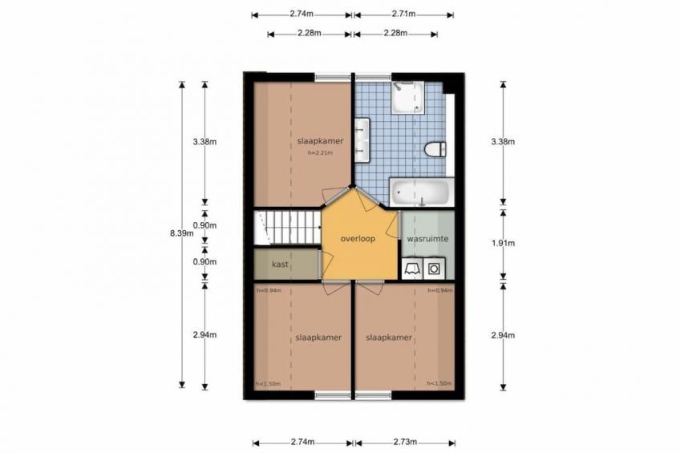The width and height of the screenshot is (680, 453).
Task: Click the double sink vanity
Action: [362, 140]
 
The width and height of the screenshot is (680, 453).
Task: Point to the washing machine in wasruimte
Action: [434, 269]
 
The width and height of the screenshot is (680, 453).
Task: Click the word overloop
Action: [358, 239]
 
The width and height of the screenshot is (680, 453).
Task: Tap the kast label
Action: [280, 264]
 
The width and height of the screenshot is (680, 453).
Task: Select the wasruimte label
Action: [427, 239]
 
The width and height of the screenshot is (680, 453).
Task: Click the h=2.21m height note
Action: [321, 152]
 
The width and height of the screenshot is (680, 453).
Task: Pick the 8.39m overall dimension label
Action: [182, 233]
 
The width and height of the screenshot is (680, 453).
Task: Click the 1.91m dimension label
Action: [503, 243]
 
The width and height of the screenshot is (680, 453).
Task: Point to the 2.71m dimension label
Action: [404, 14]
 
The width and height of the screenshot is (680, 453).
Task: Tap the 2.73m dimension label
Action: [405, 442]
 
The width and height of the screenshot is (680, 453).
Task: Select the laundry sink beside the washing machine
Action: [412, 269]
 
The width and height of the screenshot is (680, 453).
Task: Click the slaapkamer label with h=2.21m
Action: [321, 141]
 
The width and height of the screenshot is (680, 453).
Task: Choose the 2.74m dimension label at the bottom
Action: [302, 442]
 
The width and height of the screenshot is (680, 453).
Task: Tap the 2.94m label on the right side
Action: [503, 335]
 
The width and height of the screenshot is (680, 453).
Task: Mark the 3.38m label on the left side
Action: [204, 141]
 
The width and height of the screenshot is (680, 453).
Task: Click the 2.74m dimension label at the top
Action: [302, 14]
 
